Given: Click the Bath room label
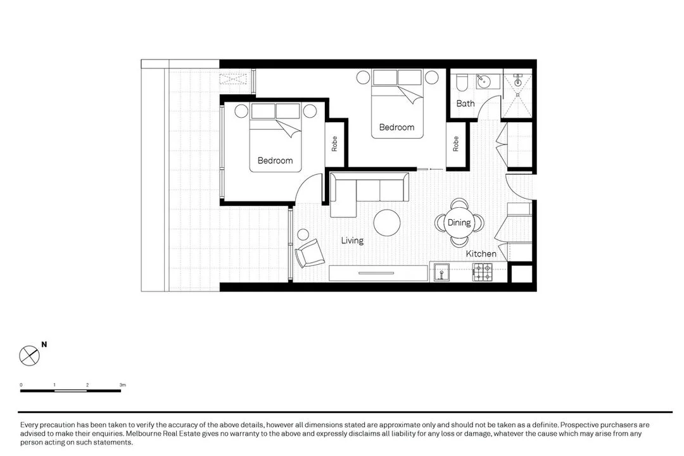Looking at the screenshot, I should click(465, 103).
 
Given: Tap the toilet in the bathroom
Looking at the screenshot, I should click(462, 82).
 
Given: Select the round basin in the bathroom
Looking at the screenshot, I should click(484, 81).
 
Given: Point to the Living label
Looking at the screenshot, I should click(352, 241).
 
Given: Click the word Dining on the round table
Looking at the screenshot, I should click(459, 223).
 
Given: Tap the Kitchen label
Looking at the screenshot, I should click(481, 254).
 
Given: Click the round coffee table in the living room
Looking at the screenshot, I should click(386, 223).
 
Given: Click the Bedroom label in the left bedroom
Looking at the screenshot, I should click(275, 161).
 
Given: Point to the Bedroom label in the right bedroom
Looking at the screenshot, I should click(396, 127).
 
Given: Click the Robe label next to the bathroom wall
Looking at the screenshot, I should click(455, 144).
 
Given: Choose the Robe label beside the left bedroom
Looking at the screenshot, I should click(334, 144).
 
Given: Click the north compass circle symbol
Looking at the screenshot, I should click(29, 355).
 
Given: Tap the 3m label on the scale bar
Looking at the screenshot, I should click(123, 384).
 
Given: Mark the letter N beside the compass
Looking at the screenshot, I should click(44, 345).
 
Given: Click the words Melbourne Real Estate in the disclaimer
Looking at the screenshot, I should click(157, 434).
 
